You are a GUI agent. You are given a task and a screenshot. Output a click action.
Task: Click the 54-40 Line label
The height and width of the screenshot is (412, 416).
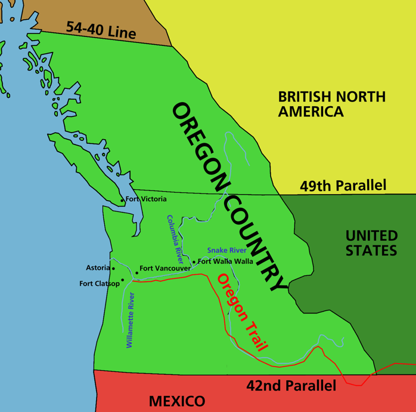[x=101, y=30]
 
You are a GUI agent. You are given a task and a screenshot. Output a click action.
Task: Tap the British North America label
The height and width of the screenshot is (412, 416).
[x=332, y=104]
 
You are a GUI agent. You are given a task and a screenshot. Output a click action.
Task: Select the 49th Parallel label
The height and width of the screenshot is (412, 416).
[x=343, y=186]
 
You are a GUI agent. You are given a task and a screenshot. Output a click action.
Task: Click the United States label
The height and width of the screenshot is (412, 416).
[x=371, y=242]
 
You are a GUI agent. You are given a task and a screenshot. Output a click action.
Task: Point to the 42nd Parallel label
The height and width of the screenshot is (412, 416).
[x=291, y=386]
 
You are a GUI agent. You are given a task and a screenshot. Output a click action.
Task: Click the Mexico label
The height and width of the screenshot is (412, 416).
[x=176, y=401]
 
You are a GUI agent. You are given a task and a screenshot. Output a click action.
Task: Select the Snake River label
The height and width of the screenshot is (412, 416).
[x=226, y=250]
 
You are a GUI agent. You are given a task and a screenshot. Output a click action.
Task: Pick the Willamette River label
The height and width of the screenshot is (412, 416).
[x=131, y=320]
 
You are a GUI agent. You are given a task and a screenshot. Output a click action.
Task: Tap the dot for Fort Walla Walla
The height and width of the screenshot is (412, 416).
[x=194, y=262]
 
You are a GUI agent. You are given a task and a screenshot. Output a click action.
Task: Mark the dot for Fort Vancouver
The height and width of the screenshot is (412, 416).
[x=136, y=273]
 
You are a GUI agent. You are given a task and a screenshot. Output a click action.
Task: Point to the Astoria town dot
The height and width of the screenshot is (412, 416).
[x=113, y=269]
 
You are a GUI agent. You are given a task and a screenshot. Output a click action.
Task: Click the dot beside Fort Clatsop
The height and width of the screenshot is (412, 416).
[x=123, y=279]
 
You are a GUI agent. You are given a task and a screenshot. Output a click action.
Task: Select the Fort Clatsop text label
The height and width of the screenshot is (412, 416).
[x=100, y=284]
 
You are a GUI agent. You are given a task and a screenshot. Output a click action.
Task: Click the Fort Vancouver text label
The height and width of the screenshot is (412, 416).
[x=165, y=269]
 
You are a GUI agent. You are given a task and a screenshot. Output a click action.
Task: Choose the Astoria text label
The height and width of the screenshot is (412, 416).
[x=98, y=268]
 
